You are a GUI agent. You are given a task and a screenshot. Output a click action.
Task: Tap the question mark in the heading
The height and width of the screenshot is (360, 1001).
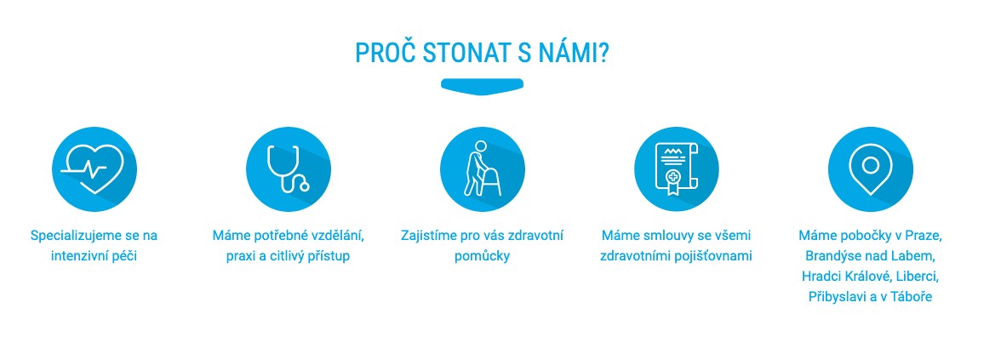click(x=602, y=53)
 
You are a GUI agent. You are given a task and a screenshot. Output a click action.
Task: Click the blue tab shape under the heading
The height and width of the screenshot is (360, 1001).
click(x=482, y=85)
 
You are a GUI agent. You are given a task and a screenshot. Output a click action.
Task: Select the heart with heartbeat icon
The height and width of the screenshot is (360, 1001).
click(x=94, y=169)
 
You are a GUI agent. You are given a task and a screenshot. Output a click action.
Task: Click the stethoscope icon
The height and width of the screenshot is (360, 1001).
click(x=289, y=169)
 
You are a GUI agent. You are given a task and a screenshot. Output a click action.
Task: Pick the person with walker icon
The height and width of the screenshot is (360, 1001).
click(x=482, y=169)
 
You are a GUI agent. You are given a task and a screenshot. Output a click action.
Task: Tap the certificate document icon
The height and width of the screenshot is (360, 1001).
click(x=676, y=169)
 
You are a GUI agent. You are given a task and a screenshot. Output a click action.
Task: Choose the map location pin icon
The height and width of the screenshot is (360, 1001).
click(x=870, y=169)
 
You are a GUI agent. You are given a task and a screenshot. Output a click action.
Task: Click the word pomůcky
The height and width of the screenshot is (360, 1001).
click(x=482, y=255)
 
